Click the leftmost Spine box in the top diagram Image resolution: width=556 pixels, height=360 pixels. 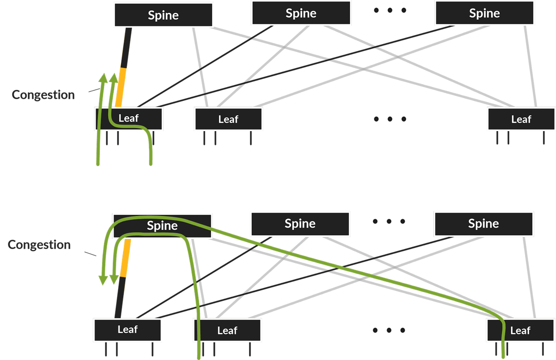tap(163, 15)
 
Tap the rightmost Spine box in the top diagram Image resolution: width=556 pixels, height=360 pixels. tap(484, 13)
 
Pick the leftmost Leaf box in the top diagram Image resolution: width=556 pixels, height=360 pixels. tap(129, 119)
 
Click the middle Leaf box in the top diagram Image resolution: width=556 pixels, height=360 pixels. tap(228, 119)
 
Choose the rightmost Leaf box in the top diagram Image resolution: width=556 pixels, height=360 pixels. tap(521, 119)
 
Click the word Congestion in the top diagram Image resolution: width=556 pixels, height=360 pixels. tap(43, 95)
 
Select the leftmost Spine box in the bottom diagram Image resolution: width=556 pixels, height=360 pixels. tap(163, 226)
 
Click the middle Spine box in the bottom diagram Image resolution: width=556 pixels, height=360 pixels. tap(300, 224)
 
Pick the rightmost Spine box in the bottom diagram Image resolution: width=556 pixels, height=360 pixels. tap(483, 224)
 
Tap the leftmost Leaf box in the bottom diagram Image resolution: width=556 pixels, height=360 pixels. tap(127, 330)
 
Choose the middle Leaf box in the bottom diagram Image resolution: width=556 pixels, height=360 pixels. tap(227, 330)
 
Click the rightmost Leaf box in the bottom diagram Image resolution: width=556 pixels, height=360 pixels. tap(520, 330)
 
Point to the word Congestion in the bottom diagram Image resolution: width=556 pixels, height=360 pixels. tap(39, 245)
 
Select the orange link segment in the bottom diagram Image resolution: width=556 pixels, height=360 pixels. tap(125, 258)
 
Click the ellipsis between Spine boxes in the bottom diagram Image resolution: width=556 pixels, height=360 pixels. tap(389, 221)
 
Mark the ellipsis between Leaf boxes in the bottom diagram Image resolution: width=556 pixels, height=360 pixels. tap(389, 330)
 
